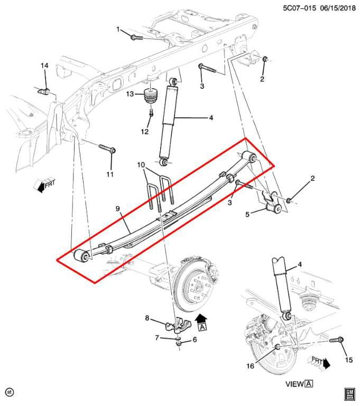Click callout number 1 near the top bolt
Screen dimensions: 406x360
click(x=118, y=29)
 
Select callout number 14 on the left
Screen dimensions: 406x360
click(x=45, y=65)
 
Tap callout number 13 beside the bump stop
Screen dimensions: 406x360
click(x=130, y=94)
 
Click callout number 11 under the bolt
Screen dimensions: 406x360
click(x=110, y=174)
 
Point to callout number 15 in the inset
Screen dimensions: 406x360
click(x=348, y=361)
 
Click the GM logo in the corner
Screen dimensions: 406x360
click(x=348, y=394)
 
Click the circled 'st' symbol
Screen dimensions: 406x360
click(x=8, y=392)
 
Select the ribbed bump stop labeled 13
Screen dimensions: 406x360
click(x=152, y=98)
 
